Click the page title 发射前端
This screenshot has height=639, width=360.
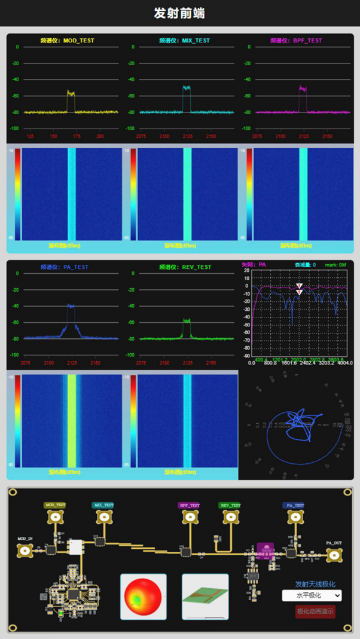click(x=179, y=13)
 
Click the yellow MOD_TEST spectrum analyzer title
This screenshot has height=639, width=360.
click(x=67, y=41)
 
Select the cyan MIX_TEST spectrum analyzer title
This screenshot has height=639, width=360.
click(x=185, y=41)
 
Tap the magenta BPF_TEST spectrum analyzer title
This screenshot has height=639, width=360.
click(x=296, y=41)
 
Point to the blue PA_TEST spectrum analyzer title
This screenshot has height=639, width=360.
click(x=64, y=267)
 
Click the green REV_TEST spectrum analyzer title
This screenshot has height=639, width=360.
click(x=185, y=267)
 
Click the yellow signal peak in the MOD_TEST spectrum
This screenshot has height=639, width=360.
click(x=71, y=93)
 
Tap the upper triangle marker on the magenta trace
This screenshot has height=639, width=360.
click(x=299, y=286)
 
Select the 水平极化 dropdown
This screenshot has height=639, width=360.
click(x=312, y=595)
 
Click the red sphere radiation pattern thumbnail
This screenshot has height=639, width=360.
click(x=144, y=596)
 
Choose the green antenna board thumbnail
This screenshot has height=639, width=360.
click(x=205, y=596)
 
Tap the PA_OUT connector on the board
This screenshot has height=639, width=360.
click(x=334, y=555)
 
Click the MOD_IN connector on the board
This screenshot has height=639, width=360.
click(x=26, y=551)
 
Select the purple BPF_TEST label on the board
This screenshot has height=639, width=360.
click(x=190, y=505)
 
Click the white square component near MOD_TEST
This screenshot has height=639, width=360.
click(x=76, y=547)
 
